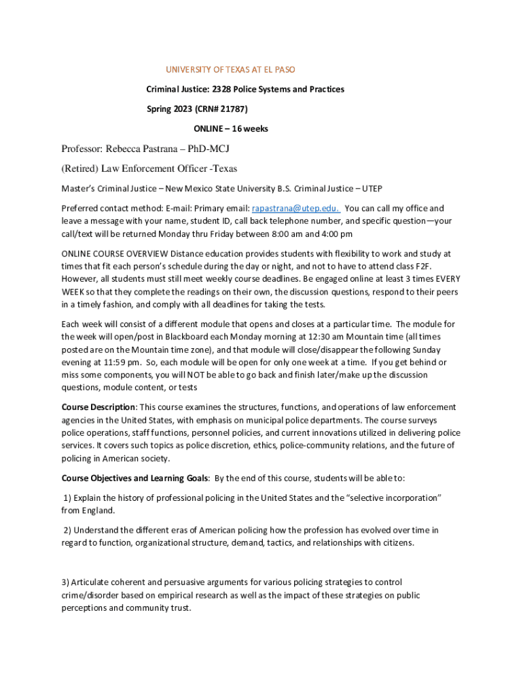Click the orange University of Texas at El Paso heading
pos(230,70)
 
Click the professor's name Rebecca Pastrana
pos(144,149)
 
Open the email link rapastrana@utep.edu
pos(296,208)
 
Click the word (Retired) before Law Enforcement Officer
pos(80,168)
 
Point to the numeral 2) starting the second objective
pos(68,529)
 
